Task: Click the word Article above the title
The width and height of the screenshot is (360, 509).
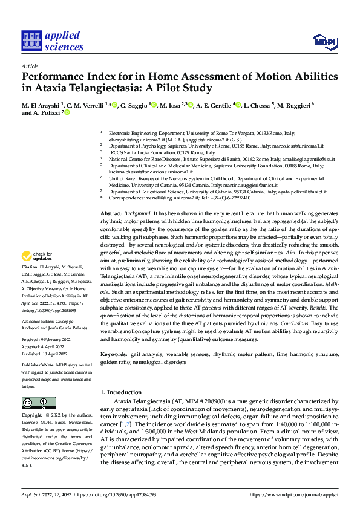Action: click(30, 66)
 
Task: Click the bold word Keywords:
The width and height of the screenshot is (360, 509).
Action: click(114, 353)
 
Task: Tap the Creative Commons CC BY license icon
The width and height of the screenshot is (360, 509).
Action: click(39, 403)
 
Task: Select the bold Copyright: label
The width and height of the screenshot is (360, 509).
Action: click(34, 416)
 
